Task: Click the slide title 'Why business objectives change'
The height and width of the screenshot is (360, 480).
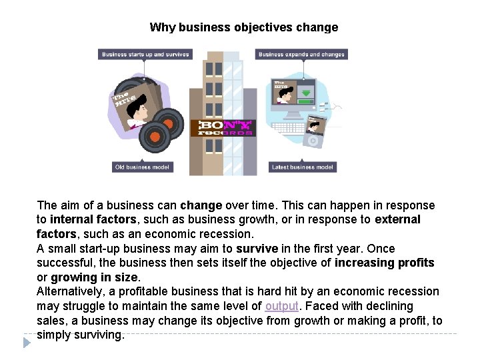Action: click(243, 27)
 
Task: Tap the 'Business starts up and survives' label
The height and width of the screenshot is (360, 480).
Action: click(145, 55)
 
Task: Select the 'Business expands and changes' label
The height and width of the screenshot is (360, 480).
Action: click(301, 55)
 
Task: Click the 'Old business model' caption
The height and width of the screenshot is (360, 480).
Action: click(142, 167)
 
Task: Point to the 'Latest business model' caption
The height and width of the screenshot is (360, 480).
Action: click(302, 167)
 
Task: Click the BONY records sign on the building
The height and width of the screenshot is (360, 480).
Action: click(222, 127)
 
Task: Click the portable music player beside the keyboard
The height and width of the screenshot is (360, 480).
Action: click(313, 133)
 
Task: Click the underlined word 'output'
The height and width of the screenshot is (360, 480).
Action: click(281, 306)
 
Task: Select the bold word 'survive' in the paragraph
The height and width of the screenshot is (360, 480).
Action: click(257, 249)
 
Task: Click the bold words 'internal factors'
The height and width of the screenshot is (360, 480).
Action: click(92, 219)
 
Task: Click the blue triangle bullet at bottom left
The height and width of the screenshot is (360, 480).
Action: click(27, 343)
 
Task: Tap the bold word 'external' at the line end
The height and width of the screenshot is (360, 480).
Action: click(397, 219)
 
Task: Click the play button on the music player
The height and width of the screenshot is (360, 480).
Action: click(312, 140)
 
